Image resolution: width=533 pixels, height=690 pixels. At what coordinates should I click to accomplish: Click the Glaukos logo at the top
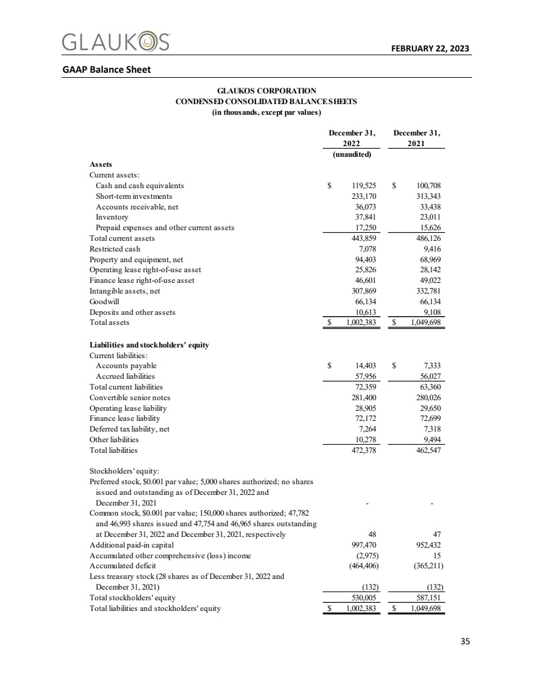pos(116,42)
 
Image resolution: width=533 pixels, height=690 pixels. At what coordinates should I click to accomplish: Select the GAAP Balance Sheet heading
pos(106,69)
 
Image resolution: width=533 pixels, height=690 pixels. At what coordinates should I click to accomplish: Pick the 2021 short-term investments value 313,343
pos(427,196)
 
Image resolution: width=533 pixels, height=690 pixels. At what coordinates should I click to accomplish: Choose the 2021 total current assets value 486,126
pos(427,238)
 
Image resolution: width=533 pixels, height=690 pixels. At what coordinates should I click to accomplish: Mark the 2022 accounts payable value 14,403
pos(365,366)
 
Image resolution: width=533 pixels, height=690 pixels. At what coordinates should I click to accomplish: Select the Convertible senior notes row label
pos(130,397)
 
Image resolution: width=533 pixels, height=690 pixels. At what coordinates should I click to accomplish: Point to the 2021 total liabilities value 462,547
pos(427,450)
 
